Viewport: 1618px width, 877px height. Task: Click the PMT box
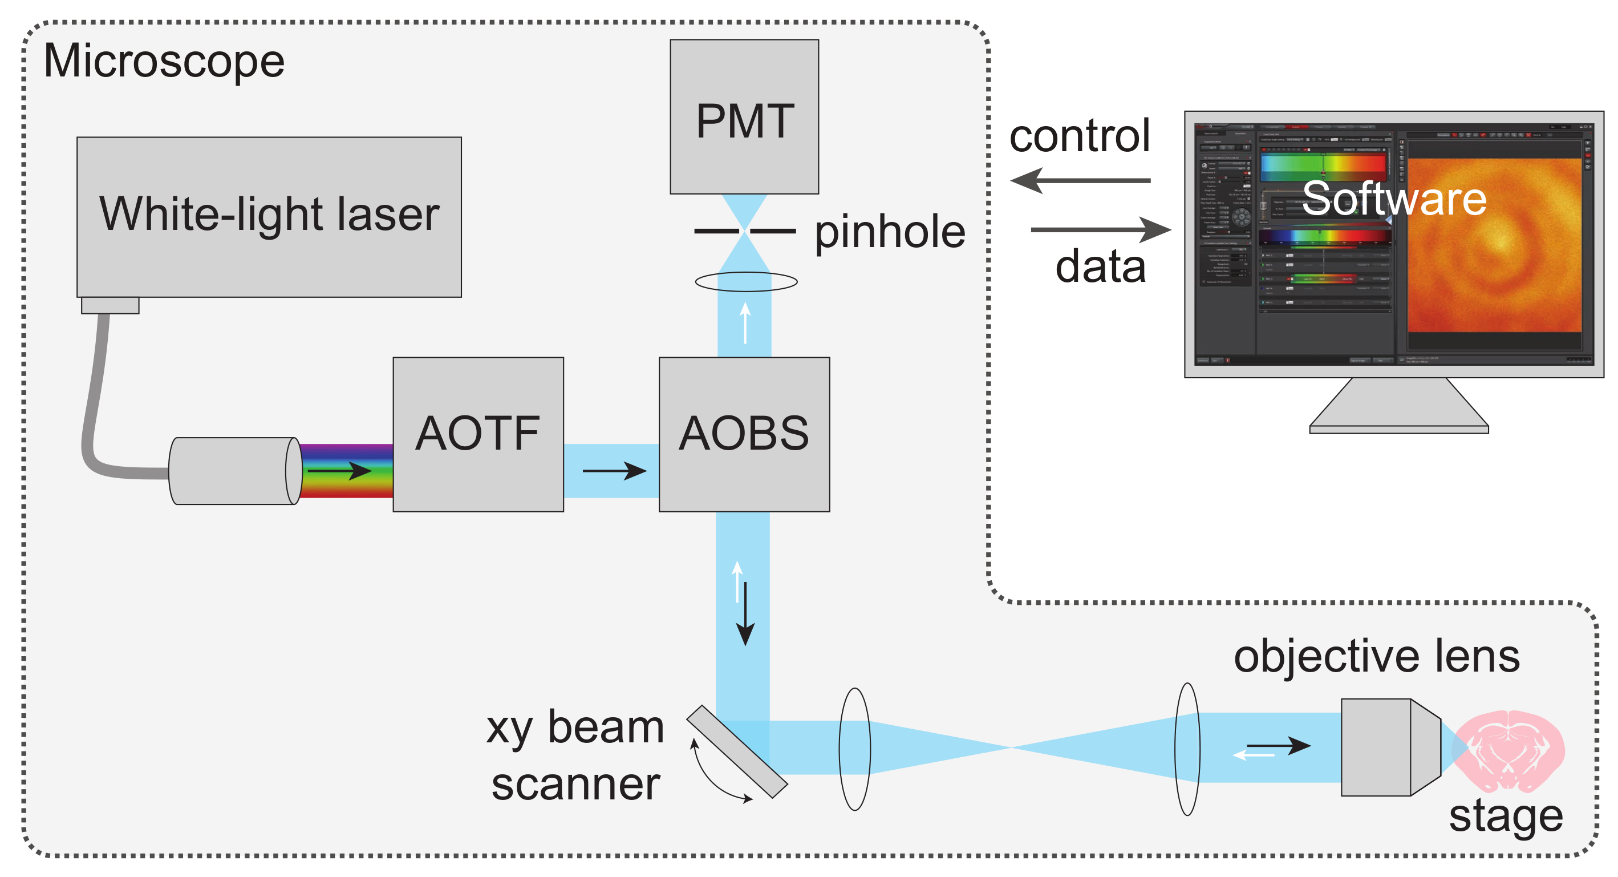744,117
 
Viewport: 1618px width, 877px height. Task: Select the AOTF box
478,434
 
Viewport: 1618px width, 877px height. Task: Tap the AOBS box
744,434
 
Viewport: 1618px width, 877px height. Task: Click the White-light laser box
269,217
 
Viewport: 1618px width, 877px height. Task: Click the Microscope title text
164,62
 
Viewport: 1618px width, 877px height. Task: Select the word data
1101,267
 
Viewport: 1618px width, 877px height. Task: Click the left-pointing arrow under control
1080,181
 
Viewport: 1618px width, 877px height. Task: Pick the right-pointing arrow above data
1101,229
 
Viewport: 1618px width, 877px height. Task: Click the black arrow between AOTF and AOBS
614,471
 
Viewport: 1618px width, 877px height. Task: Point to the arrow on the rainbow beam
339,471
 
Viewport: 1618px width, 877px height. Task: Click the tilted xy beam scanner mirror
737,751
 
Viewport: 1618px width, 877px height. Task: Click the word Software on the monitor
1394,199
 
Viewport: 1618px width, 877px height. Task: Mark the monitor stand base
1399,429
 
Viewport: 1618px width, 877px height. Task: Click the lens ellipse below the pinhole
746,281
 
